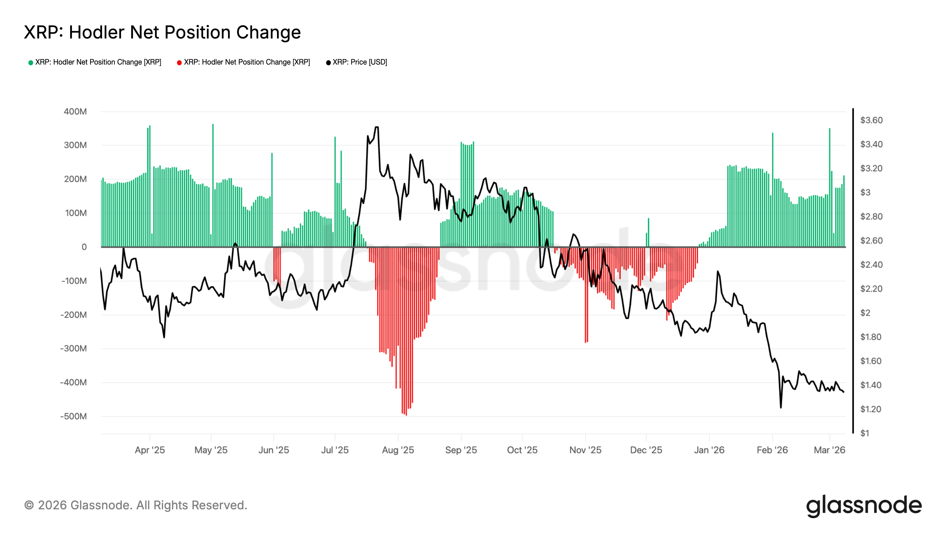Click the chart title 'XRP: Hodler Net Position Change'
tap(162, 32)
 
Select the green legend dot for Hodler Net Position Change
tap(31, 62)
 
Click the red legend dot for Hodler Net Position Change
tap(179, 62)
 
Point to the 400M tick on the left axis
tap(75, 111)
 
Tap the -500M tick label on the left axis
tap(73, 416)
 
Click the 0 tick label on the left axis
tap(84, 247)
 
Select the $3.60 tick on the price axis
tap(871, 120)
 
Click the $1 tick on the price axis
tap(865, 433)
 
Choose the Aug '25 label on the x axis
tap(398, 450)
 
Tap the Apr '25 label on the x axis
tap(150, 450)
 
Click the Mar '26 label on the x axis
tap(829, 450)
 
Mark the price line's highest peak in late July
tap(377, 128)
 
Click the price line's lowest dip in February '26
tap(781, 407)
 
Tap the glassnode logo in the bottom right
tap(864, 506)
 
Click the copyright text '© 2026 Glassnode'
tap(136, 505)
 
